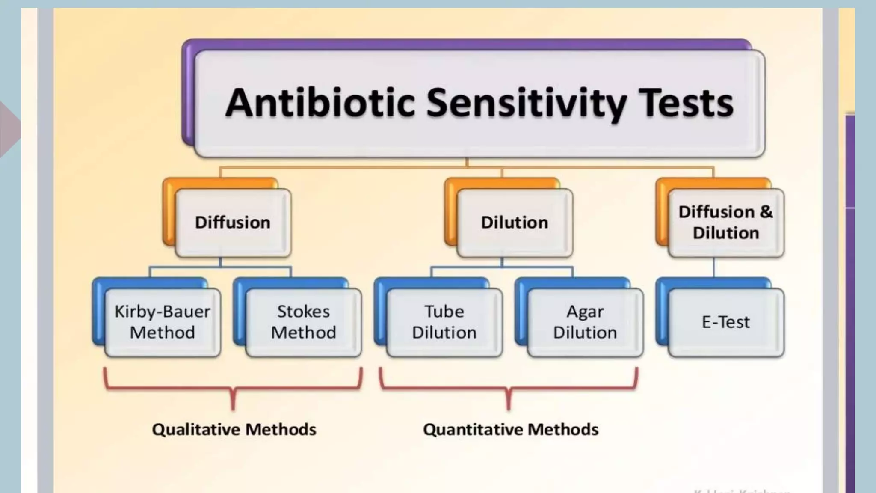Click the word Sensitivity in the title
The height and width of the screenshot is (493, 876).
coord(527,103)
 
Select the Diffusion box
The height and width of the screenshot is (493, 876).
coord(233,223)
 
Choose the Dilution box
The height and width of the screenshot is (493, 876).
coord(515,223)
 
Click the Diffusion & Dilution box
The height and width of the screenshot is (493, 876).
coord(726,223)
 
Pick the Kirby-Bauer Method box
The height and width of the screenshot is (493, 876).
coord(163,322)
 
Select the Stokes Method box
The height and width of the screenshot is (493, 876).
coord(304,322)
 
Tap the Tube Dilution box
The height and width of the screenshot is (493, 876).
coord(444,322)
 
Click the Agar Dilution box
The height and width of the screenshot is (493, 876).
coord(585,322)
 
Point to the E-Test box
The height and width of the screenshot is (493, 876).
coord(726,322)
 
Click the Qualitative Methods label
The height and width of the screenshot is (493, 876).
coord(234,429)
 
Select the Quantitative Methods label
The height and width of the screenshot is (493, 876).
coord(511,429)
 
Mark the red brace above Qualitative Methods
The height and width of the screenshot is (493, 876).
coord(233,388)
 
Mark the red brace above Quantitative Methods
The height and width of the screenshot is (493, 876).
coord(509,388)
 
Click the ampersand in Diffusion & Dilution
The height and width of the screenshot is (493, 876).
coord(766,212)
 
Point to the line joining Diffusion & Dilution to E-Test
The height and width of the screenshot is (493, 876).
coord(713,268)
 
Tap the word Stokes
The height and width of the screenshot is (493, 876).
coord(304,312)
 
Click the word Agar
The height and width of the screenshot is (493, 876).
coord(585,312)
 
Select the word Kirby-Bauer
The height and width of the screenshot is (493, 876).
coord(163,312)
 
